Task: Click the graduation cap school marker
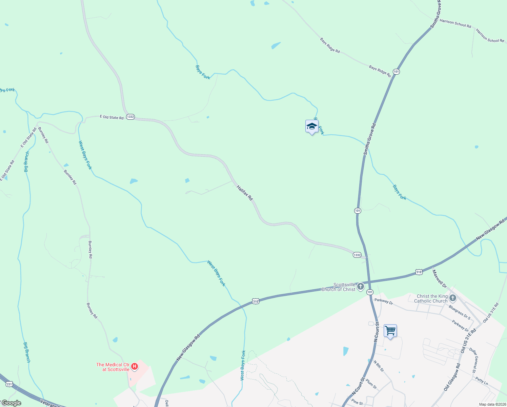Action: (x=312, y=127)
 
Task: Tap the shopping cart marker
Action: (x=390, y=330)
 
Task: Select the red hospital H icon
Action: (x=135, y=366)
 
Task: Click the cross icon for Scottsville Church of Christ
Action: (x=361, y=287)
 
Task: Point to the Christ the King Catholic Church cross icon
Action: (x=453, y=298)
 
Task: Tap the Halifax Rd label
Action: (x=245, y=193)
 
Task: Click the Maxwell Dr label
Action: (x=440, y=277)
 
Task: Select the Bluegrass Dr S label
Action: (x=459, y=312)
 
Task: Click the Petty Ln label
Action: (x=482, y=381)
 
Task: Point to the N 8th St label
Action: (x=379, y=366)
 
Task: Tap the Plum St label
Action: (x=371, y=384)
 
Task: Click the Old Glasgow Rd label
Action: (x=452, y=377)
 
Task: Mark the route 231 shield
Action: (x=9, y=384)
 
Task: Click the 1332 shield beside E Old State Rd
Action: (x=130, y=117)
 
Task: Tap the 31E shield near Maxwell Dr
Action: (x=419, y=272)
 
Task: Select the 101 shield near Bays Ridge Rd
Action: (x=396, y=72)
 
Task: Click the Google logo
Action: (x=11, y=403)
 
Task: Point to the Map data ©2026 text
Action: (x=492, y=404)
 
